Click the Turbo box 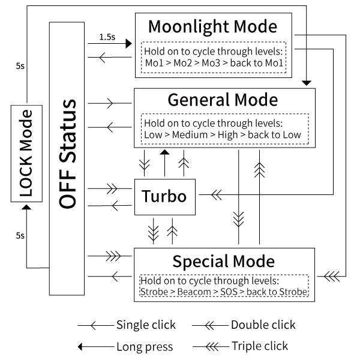click(164, 196)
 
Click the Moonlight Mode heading click(212, 27)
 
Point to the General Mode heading click(223, 100)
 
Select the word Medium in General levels click(189, 134)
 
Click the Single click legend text click(146, 325)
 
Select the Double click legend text click(263, 325)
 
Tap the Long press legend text click(144, 346)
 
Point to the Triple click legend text click(259, 346)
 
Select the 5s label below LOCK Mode click(20, 236)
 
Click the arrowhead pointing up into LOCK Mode click(26, 208)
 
